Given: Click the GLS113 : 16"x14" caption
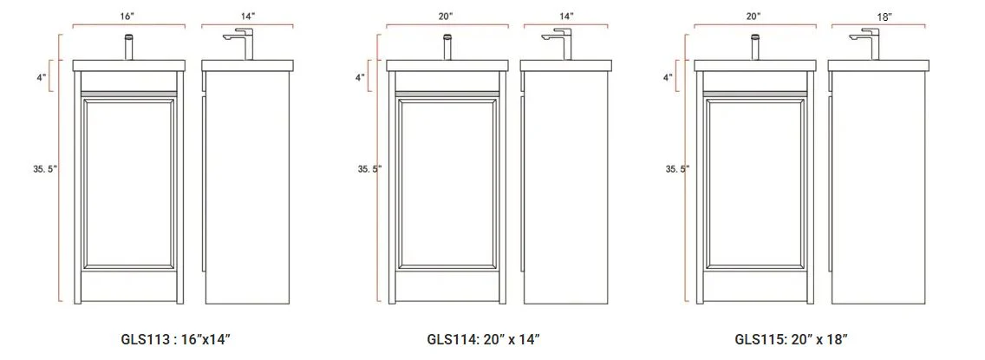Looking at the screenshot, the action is click(x=176, y=340).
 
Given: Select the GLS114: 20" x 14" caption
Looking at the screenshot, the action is click(x=484, y=340).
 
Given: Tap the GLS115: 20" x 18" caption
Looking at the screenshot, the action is click(x=792, y=340).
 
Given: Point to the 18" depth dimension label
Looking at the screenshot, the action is click(x=884, y=17).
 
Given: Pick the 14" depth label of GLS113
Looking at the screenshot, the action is click(x=247, y=17).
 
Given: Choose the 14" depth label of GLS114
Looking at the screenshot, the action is click(x=566, y=17).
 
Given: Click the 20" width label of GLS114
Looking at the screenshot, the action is click(x=447, y=17).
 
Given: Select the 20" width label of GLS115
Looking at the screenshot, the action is click(x=754, y=17).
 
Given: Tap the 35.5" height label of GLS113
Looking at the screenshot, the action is click(x=45, y=168).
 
